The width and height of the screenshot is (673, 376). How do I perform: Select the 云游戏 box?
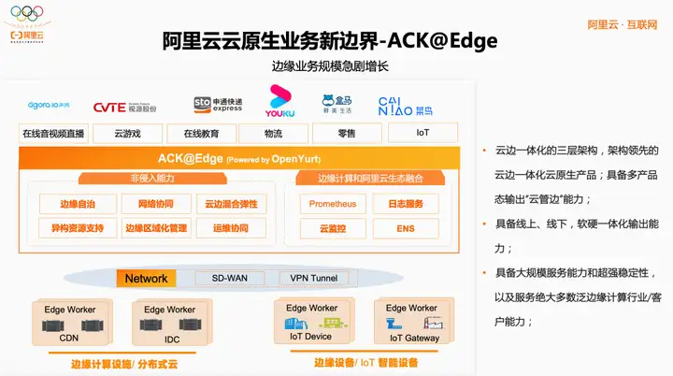pos(127,134)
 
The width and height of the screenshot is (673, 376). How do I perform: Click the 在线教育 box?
pos(201,134)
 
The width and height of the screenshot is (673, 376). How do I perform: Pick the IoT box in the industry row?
pos(422,133)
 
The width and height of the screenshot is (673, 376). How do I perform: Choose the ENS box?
pos(405,228)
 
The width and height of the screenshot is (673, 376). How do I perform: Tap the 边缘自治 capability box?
pos(76,204)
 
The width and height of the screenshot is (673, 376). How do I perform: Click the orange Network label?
pos(146,279)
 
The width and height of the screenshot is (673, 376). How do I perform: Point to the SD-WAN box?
pos(230,279)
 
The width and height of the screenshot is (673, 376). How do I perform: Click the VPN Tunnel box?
pos(313,279)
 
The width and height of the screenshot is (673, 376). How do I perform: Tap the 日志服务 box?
pos(405,204)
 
